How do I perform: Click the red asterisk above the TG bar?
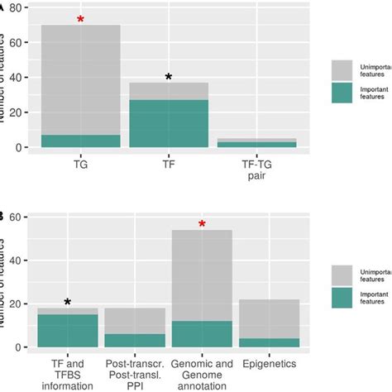click(x=80, y=19)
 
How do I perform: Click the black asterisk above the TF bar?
click(x=169, y=77)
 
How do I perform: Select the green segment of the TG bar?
click(x=80, y=141)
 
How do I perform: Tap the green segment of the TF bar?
click(x=169, y=123)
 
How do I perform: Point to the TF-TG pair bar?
click(x=257, y=143)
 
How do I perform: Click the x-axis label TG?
click(x=80, y=164)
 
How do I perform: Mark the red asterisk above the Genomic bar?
click(x=202, y=224)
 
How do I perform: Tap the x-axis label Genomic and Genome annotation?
click(x=202, y=369)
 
